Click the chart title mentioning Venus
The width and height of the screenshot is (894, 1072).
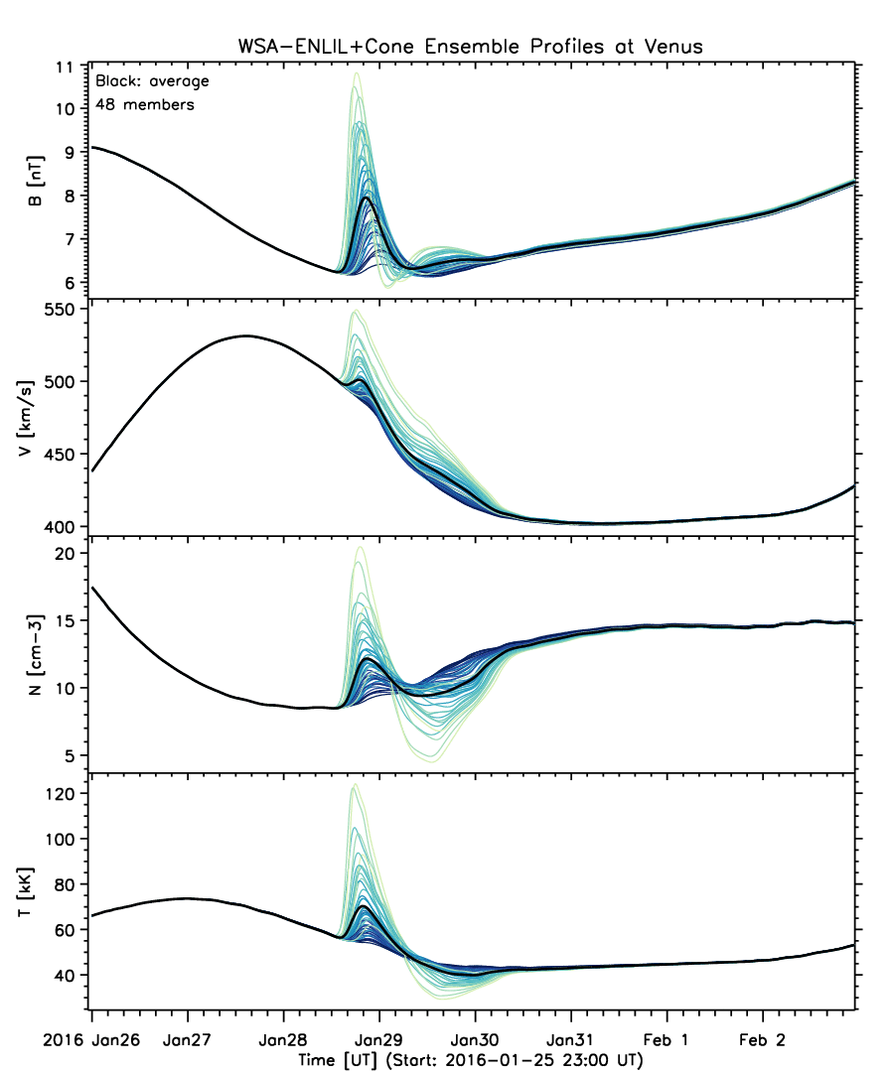470,47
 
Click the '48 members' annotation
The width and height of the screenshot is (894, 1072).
145,105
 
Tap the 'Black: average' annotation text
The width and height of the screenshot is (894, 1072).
153,81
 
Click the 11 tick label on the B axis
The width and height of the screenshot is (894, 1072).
65,67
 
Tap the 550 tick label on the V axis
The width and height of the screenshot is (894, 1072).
61,310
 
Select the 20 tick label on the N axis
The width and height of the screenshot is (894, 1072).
65,554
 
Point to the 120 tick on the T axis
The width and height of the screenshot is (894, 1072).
61,794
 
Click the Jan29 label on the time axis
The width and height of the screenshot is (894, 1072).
378,1040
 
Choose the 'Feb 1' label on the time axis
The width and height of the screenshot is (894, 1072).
667,1040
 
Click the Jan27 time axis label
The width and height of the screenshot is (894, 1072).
187,1040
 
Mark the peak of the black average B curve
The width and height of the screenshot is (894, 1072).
368,198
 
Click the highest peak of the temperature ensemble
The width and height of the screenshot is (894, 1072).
355,785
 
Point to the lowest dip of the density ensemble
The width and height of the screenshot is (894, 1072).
435,760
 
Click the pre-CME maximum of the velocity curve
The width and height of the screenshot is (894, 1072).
246,335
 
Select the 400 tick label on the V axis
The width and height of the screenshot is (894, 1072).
61,527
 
